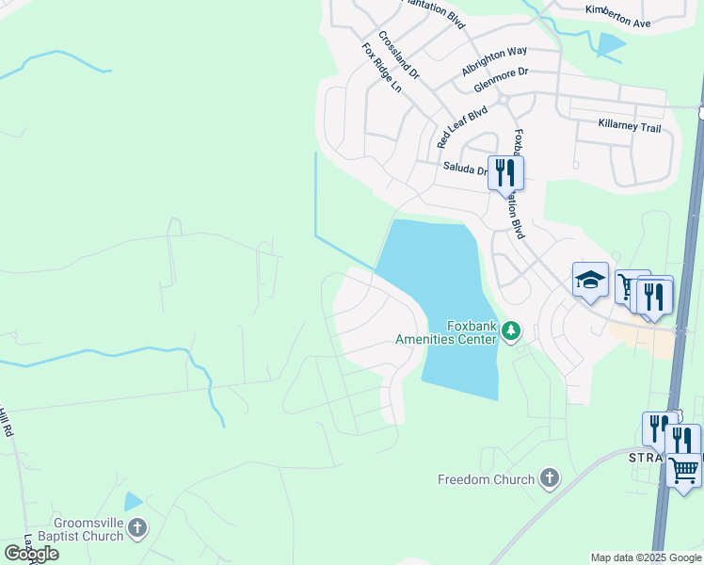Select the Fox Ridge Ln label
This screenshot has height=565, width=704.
[x=381, y=67]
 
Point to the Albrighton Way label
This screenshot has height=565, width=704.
[x=494, y=61]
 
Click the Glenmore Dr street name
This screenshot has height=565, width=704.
[x=502, y=78]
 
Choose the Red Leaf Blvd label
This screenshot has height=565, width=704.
[x=462, y=126]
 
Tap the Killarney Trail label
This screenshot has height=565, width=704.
[x=630, y=125]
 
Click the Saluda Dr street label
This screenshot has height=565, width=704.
[x=465, y=169]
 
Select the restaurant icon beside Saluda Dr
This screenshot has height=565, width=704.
[x=506, y=172]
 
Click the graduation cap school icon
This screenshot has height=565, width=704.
[x=590, y=280]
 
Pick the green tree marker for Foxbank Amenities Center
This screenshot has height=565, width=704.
[x=510, y=331]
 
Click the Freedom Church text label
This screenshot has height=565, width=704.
[x=486, y=479]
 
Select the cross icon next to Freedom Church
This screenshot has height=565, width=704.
[x=549, y=479]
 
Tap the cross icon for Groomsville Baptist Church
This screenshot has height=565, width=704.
[x=137, y=527]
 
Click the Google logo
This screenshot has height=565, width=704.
[x=30, y=554]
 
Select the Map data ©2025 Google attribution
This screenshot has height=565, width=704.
[x=645, y=557]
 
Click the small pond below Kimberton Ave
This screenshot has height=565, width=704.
[x=610, y=43]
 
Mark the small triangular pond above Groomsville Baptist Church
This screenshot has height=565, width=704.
[x=132, y=502]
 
